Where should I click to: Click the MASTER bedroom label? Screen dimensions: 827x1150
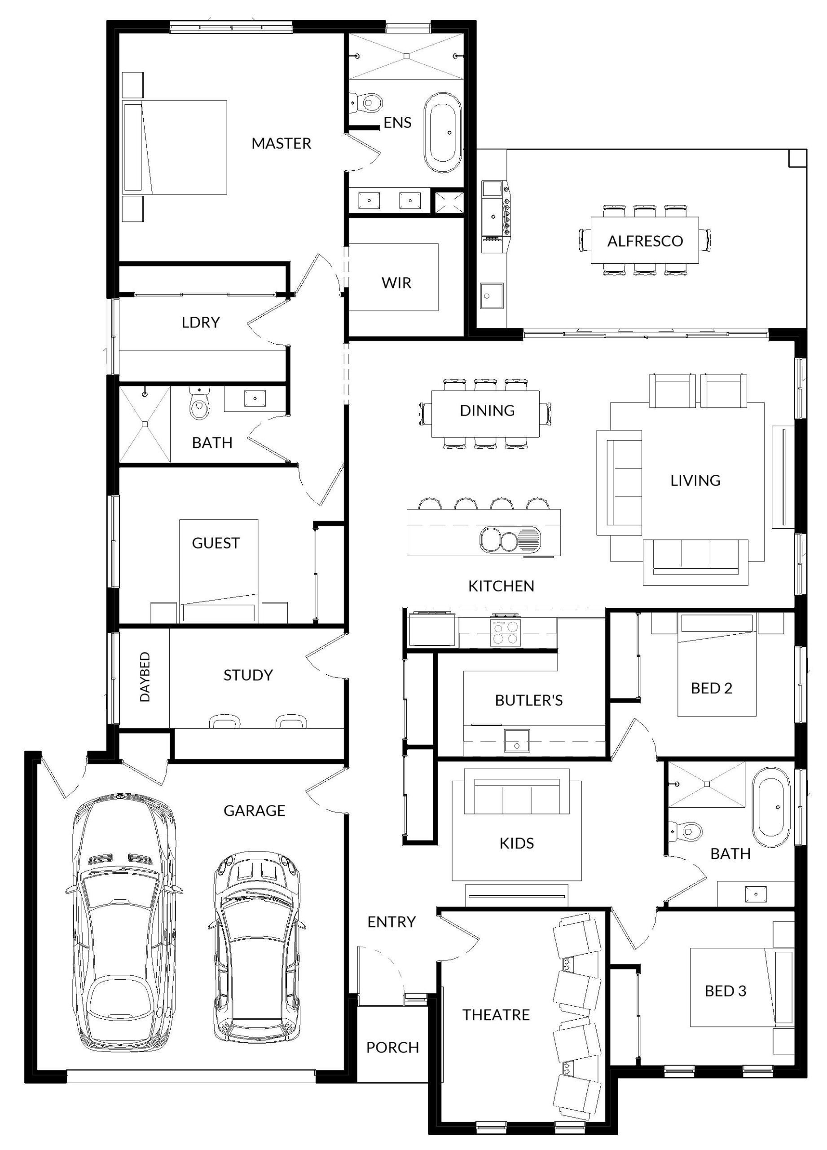[281, 143]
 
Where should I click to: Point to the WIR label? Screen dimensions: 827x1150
[396, 283]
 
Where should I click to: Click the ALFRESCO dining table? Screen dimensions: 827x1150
[645, 240]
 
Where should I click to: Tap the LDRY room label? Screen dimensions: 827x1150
[201, 323]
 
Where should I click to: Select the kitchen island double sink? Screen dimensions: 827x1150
[510, 540]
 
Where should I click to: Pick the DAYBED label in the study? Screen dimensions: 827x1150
[145, 677]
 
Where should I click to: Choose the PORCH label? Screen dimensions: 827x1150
[393, 1048]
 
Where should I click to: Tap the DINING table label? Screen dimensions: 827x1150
[488, 410]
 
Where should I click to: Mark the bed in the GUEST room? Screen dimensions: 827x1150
[218, 571]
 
